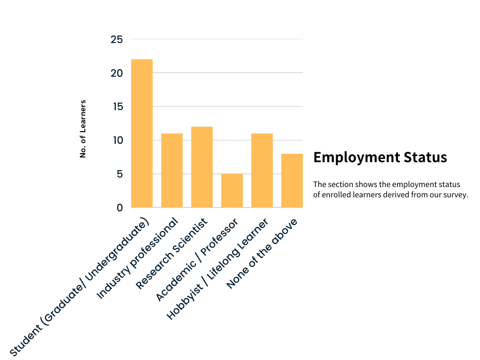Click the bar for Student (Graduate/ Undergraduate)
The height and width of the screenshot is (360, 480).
[142, 133]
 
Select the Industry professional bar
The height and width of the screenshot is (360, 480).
[172, 170]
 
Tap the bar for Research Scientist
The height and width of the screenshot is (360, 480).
[202, 167]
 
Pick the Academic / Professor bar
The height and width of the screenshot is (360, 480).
[232, 190]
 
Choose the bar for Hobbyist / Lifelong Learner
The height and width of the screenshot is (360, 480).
[262, 170]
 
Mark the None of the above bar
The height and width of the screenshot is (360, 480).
[292, 180]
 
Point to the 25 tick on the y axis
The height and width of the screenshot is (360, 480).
[117, 40]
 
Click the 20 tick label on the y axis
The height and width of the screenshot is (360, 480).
[117, 73]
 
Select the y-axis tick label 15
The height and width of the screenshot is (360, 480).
[117, 107]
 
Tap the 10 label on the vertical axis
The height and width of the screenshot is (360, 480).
[117, 140]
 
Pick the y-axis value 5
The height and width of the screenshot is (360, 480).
[120, 174]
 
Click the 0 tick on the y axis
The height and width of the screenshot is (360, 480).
[120, 208]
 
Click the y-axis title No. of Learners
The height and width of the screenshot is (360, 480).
[83, 128]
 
